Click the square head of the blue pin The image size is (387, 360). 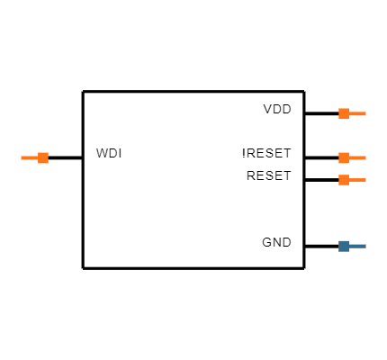click(x=344, y=246)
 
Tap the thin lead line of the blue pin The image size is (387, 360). click(x=357, y=246)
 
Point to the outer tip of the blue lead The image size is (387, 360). click(x=365, y=246)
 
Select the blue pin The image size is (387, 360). click(x=351, y=246)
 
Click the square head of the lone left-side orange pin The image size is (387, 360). click(x=43, y=157)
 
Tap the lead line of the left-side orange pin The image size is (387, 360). click(x=30, y=157)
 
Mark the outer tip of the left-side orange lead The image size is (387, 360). click(x=22, y=157)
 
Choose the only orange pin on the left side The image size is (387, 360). click(x=36, y=157)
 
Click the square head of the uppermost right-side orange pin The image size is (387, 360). click(x=344, y=113)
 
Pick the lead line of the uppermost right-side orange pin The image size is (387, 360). click(x=357, y=113)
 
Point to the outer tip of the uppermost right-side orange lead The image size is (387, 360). click(x=365, y=113)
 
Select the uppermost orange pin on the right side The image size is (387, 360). click(x=351, y=113)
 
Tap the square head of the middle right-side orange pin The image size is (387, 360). click(x=344, y=157)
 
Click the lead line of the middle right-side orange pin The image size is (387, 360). click(x=357, y=157)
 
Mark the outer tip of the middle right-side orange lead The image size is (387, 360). click(x=365, y=157)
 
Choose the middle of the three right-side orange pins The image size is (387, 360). click(x=351, y=157)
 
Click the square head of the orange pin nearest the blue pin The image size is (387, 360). click(x=344, y=180)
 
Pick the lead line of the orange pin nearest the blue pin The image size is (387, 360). click(x=357, y=180)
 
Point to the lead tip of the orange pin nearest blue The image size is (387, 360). click(x=365, y=180)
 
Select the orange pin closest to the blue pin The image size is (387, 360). click(x=351, y=180)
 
